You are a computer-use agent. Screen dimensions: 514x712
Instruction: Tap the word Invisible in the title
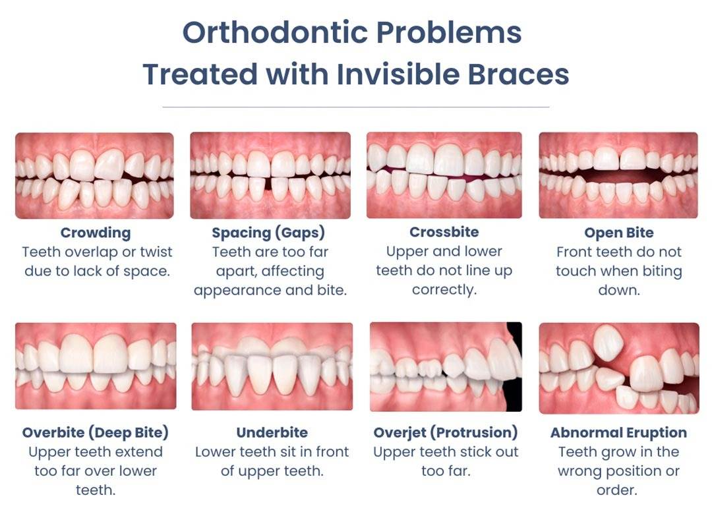(401, 74)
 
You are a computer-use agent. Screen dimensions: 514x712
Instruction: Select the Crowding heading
(96, 233)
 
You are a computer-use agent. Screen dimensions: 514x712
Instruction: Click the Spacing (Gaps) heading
(268, 233)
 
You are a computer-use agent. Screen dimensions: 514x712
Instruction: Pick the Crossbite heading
(444, 232)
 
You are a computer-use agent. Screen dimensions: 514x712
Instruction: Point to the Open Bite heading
(618, 233)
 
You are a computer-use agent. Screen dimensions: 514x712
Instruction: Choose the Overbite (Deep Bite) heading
(96, 433)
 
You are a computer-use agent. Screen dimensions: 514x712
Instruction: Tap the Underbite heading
(272, 433)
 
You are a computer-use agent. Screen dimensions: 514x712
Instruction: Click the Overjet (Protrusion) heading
(446, 433)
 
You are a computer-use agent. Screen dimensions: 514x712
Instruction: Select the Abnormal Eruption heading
(618, 433)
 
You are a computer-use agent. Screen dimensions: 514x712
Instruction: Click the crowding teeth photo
(94, 175)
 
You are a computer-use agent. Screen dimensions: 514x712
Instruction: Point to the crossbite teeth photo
(444, 175)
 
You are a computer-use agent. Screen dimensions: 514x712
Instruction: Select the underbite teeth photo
(272, 366)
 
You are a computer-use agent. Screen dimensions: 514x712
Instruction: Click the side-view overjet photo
(446, 366)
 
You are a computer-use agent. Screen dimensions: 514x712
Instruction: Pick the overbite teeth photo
(96, 366)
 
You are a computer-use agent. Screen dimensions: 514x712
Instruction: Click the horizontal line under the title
(355, 106)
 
